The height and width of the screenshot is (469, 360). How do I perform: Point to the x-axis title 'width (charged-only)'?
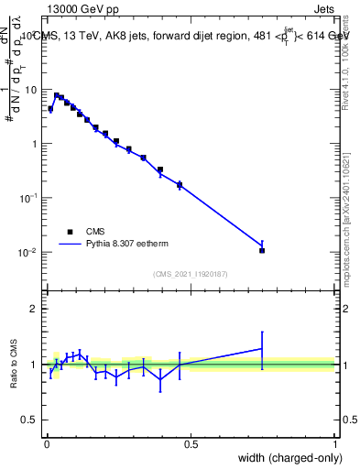pyautogui.click(x=286, y=457)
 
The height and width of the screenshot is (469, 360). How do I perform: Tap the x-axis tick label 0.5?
pyautogui.click(x=191, y=444)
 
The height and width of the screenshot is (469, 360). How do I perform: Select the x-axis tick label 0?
pyautogui.click(x=46, y=444)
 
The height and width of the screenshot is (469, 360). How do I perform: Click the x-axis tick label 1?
pyautogui.click(x=335, y=444)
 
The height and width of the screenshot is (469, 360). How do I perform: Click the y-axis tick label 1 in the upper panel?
pyautogui.click(x=35, y=144)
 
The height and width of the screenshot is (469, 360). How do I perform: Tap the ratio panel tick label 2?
pyautogui.click(x=35, y=309)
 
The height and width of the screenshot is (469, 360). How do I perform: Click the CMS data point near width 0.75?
pyautogui.click(x=262, y=250)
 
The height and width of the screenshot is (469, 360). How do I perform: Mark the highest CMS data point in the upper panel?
pyautogui.click(x=57, y=95)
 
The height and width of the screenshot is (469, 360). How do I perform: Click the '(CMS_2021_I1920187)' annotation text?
pyautogui.click(x=190, y=274)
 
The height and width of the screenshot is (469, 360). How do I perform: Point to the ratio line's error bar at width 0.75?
pyautogui.click(x=262, y=349)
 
